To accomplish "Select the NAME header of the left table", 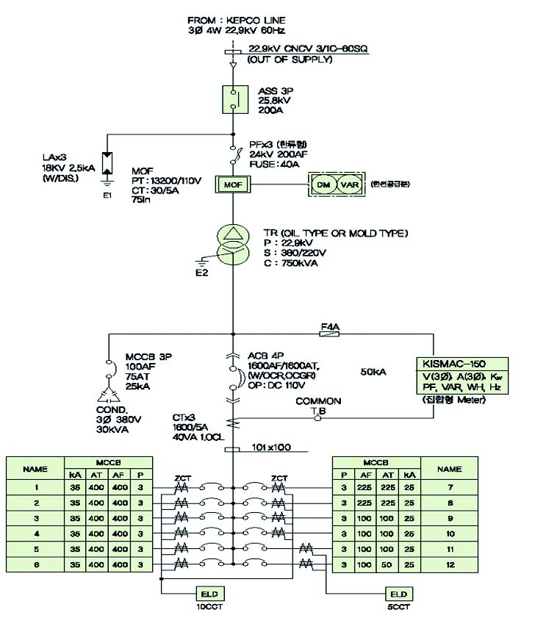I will tap(35, 468).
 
